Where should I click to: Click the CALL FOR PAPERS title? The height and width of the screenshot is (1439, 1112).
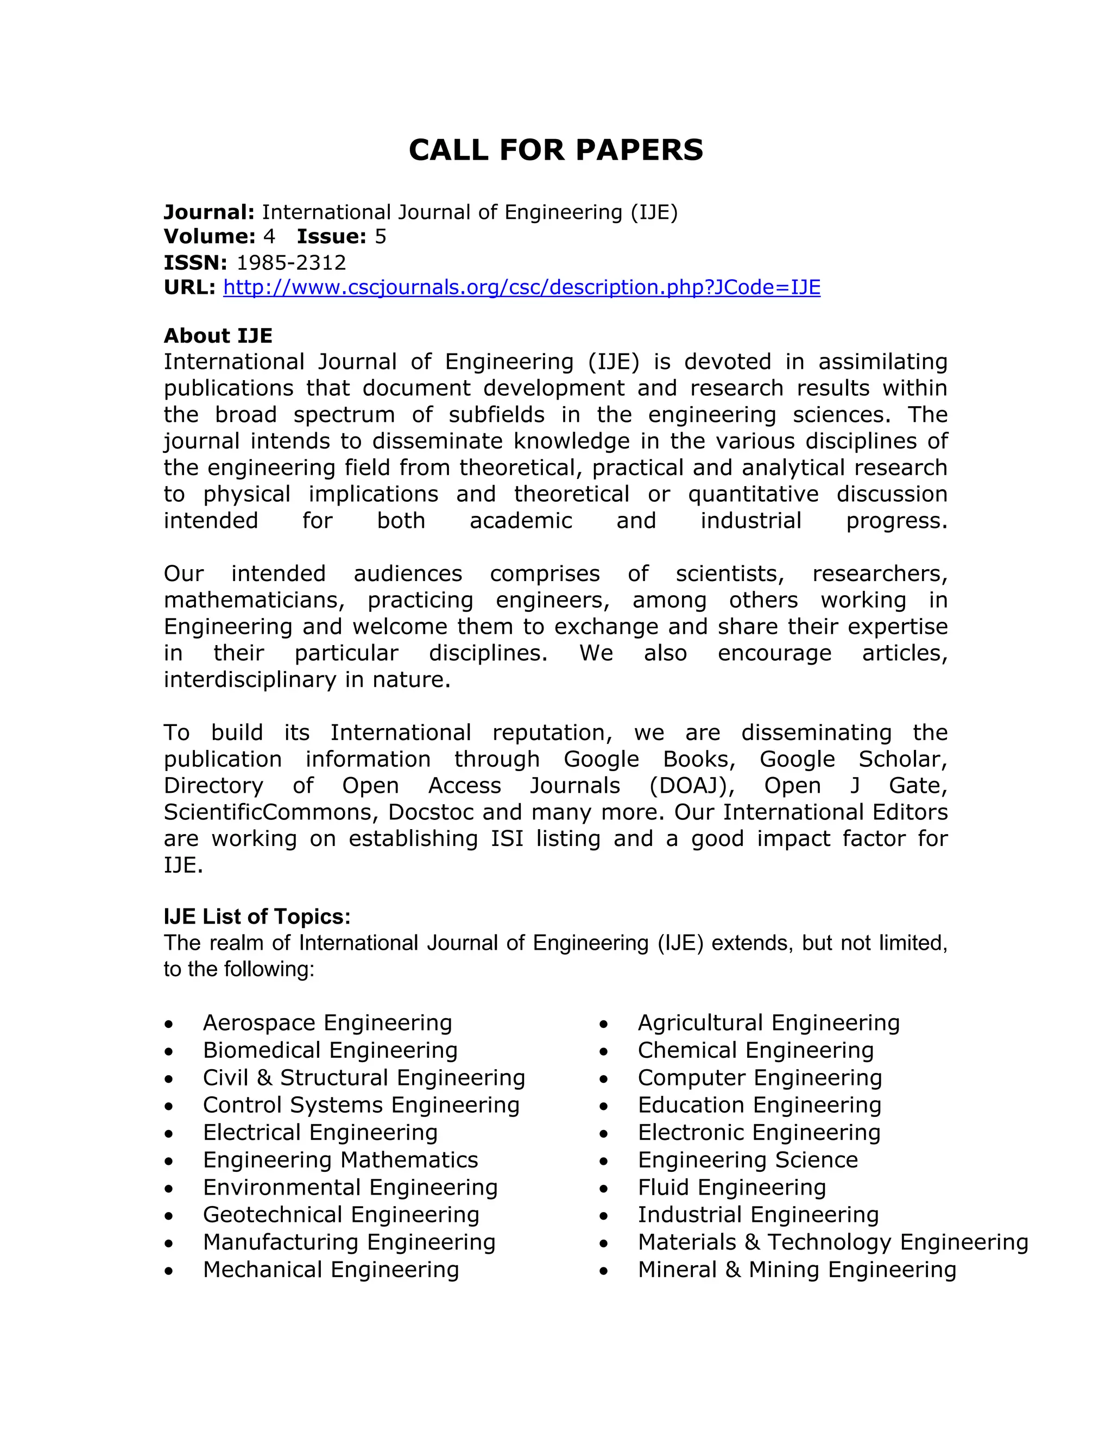point(555,150)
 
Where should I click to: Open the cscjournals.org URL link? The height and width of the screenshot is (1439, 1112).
point(521,287)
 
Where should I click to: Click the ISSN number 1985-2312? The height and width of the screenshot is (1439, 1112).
point(290,262)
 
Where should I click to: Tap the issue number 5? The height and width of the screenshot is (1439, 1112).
point(380,237)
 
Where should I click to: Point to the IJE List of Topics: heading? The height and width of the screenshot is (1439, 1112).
point(257,917)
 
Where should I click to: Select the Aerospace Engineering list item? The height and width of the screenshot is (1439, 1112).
point(327,1023)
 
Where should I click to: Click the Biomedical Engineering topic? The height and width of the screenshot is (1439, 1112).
point(330,1050)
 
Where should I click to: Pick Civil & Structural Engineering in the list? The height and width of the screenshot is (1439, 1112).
point(364,1078)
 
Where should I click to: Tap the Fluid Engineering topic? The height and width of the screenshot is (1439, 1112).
point(731,1187)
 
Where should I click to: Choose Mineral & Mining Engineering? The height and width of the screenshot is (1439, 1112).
point(797,1270)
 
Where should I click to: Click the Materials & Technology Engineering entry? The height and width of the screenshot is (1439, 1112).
point(833,1242)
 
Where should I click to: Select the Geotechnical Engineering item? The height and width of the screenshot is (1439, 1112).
point(340,1214)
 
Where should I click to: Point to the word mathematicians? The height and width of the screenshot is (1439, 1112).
point(254,600)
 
